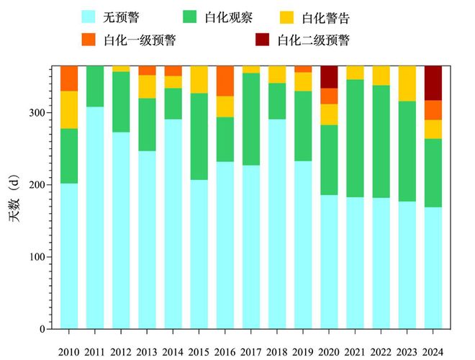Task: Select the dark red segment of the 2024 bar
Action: (x=433, y=83)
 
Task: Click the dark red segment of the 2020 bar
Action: (x=329, y=77)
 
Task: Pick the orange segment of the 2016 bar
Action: (x=225, y=81)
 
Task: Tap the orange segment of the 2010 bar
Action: (x=69, y=78)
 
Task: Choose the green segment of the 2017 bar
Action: (x=251, y=119)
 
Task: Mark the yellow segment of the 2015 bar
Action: (x=199, y=80)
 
